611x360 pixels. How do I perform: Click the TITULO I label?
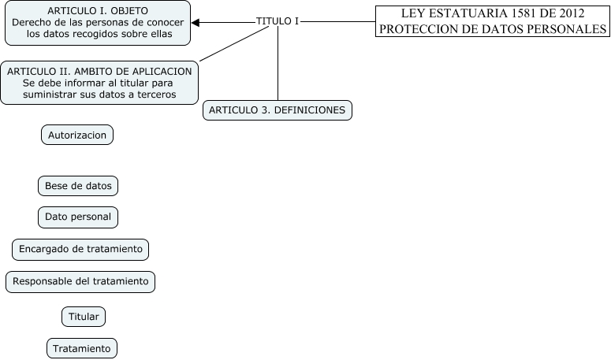pyautogui.click(x=278, y=21)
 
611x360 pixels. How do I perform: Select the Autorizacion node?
pyautogui.click(x=77, y=135)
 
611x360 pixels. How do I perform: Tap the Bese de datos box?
pyautogui.click(x=77, y=186)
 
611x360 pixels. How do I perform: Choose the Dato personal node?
pyautogui.click(x=77, y=217)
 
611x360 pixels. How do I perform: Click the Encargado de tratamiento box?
pyautogui.click(x=80, y=249)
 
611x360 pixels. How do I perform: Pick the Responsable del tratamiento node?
pyautogui.click(x=80, y=281)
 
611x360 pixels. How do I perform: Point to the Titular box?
pyautogui.click(x=84, y=317)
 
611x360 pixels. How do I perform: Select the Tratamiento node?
pyautogui.click(x=83, y=347)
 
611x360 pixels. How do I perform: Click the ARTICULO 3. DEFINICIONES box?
pyautogui.click(x=278, y=110)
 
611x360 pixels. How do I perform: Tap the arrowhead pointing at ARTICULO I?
pyautogui.click(x=196, y=23)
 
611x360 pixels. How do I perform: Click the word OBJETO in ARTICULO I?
pyautogui.click(x=127, y=11)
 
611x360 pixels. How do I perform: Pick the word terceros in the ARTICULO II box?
pyautogui.click(x=154, y=95)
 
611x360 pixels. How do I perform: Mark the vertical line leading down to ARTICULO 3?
pyautogui.click(x=278, y=63)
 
